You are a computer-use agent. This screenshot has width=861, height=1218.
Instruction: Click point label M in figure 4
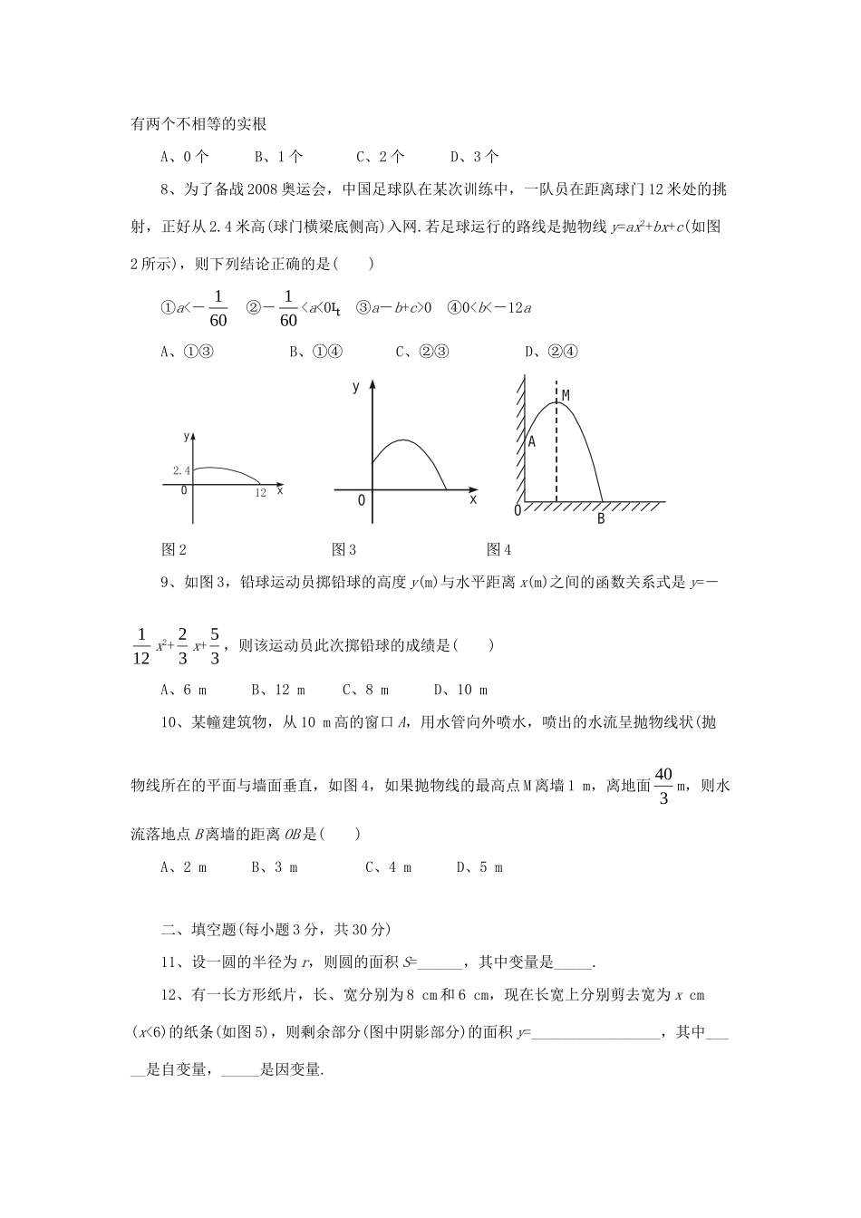tap(566, 395)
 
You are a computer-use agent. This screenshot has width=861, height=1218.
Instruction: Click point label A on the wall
tap(532, 441)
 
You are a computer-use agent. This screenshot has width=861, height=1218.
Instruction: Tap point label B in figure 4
tap(600, 519)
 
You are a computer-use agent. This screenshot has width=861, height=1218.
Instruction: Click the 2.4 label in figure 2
tap(181, 470)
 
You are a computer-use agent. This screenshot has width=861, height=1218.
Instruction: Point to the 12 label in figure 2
tap(260, 493)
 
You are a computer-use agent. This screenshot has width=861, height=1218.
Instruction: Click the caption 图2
tap(173, 548)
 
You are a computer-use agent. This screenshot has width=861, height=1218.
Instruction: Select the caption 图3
tap(344, 548)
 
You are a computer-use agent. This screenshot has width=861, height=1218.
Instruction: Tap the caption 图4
tap(499, 548)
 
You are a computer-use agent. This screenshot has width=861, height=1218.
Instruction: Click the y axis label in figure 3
tap(356, 387)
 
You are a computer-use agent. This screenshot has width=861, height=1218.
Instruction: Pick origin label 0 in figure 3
tap(361, 500)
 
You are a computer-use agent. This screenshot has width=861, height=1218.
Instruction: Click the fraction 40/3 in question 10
tap(663, 786)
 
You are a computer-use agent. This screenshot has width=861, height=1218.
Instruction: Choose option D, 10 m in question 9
tap(460, 690)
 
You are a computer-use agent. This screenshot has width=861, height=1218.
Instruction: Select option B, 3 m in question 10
tap(275, 867)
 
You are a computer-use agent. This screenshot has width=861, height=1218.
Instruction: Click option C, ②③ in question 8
tap(422, 352)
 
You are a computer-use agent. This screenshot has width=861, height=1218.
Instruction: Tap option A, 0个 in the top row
tap(185, 156)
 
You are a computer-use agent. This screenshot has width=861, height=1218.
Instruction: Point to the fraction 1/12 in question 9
tap(140, 646)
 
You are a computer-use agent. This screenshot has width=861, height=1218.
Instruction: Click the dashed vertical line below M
tap(556, 453)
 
